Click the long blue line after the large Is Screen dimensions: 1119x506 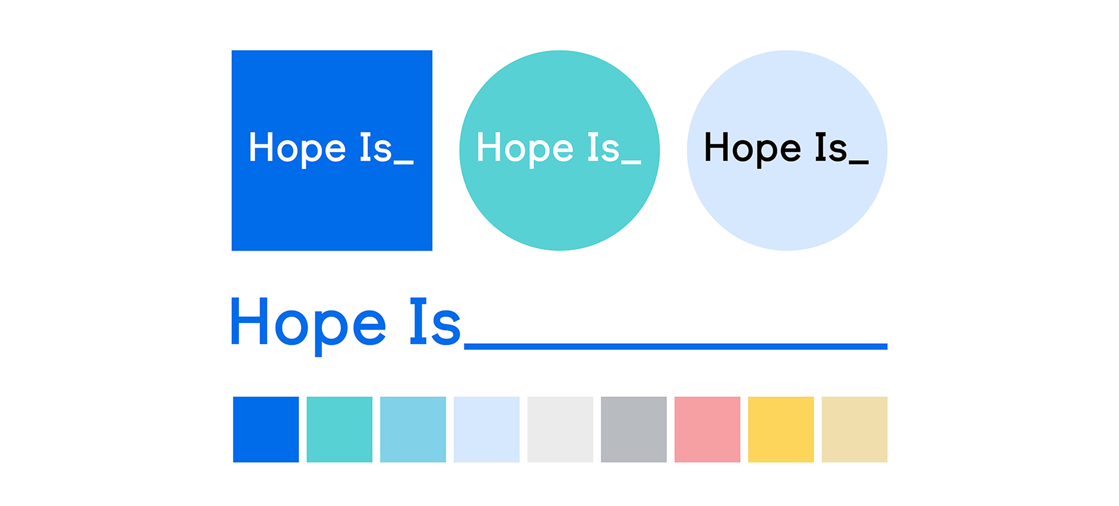675,346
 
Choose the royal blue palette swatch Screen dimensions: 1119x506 266,429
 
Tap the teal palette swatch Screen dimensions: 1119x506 339,429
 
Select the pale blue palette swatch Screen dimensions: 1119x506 487,429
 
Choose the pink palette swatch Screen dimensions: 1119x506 707,429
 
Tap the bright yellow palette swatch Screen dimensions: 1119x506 781,429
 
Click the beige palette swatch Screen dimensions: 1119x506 854,429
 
